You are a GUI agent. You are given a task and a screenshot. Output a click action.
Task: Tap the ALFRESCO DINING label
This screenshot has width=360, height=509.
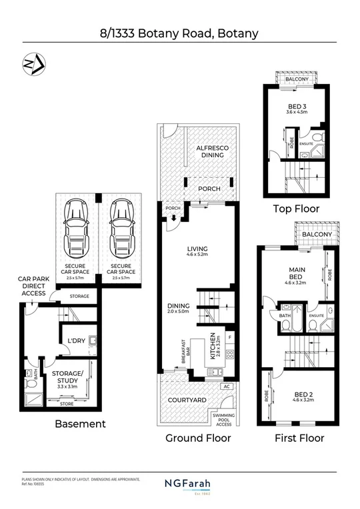209,151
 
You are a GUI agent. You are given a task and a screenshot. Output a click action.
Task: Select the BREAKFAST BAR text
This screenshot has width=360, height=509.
179,349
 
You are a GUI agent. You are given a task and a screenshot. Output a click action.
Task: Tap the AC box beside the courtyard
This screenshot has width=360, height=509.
227,386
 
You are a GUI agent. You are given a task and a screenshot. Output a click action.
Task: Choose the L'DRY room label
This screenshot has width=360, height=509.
75,341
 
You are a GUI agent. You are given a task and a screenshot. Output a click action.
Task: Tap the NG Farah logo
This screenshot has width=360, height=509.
180,483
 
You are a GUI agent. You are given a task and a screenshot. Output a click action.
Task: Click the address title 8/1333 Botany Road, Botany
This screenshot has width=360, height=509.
180,32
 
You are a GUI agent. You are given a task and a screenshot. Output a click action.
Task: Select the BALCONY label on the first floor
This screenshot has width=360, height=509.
317,235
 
